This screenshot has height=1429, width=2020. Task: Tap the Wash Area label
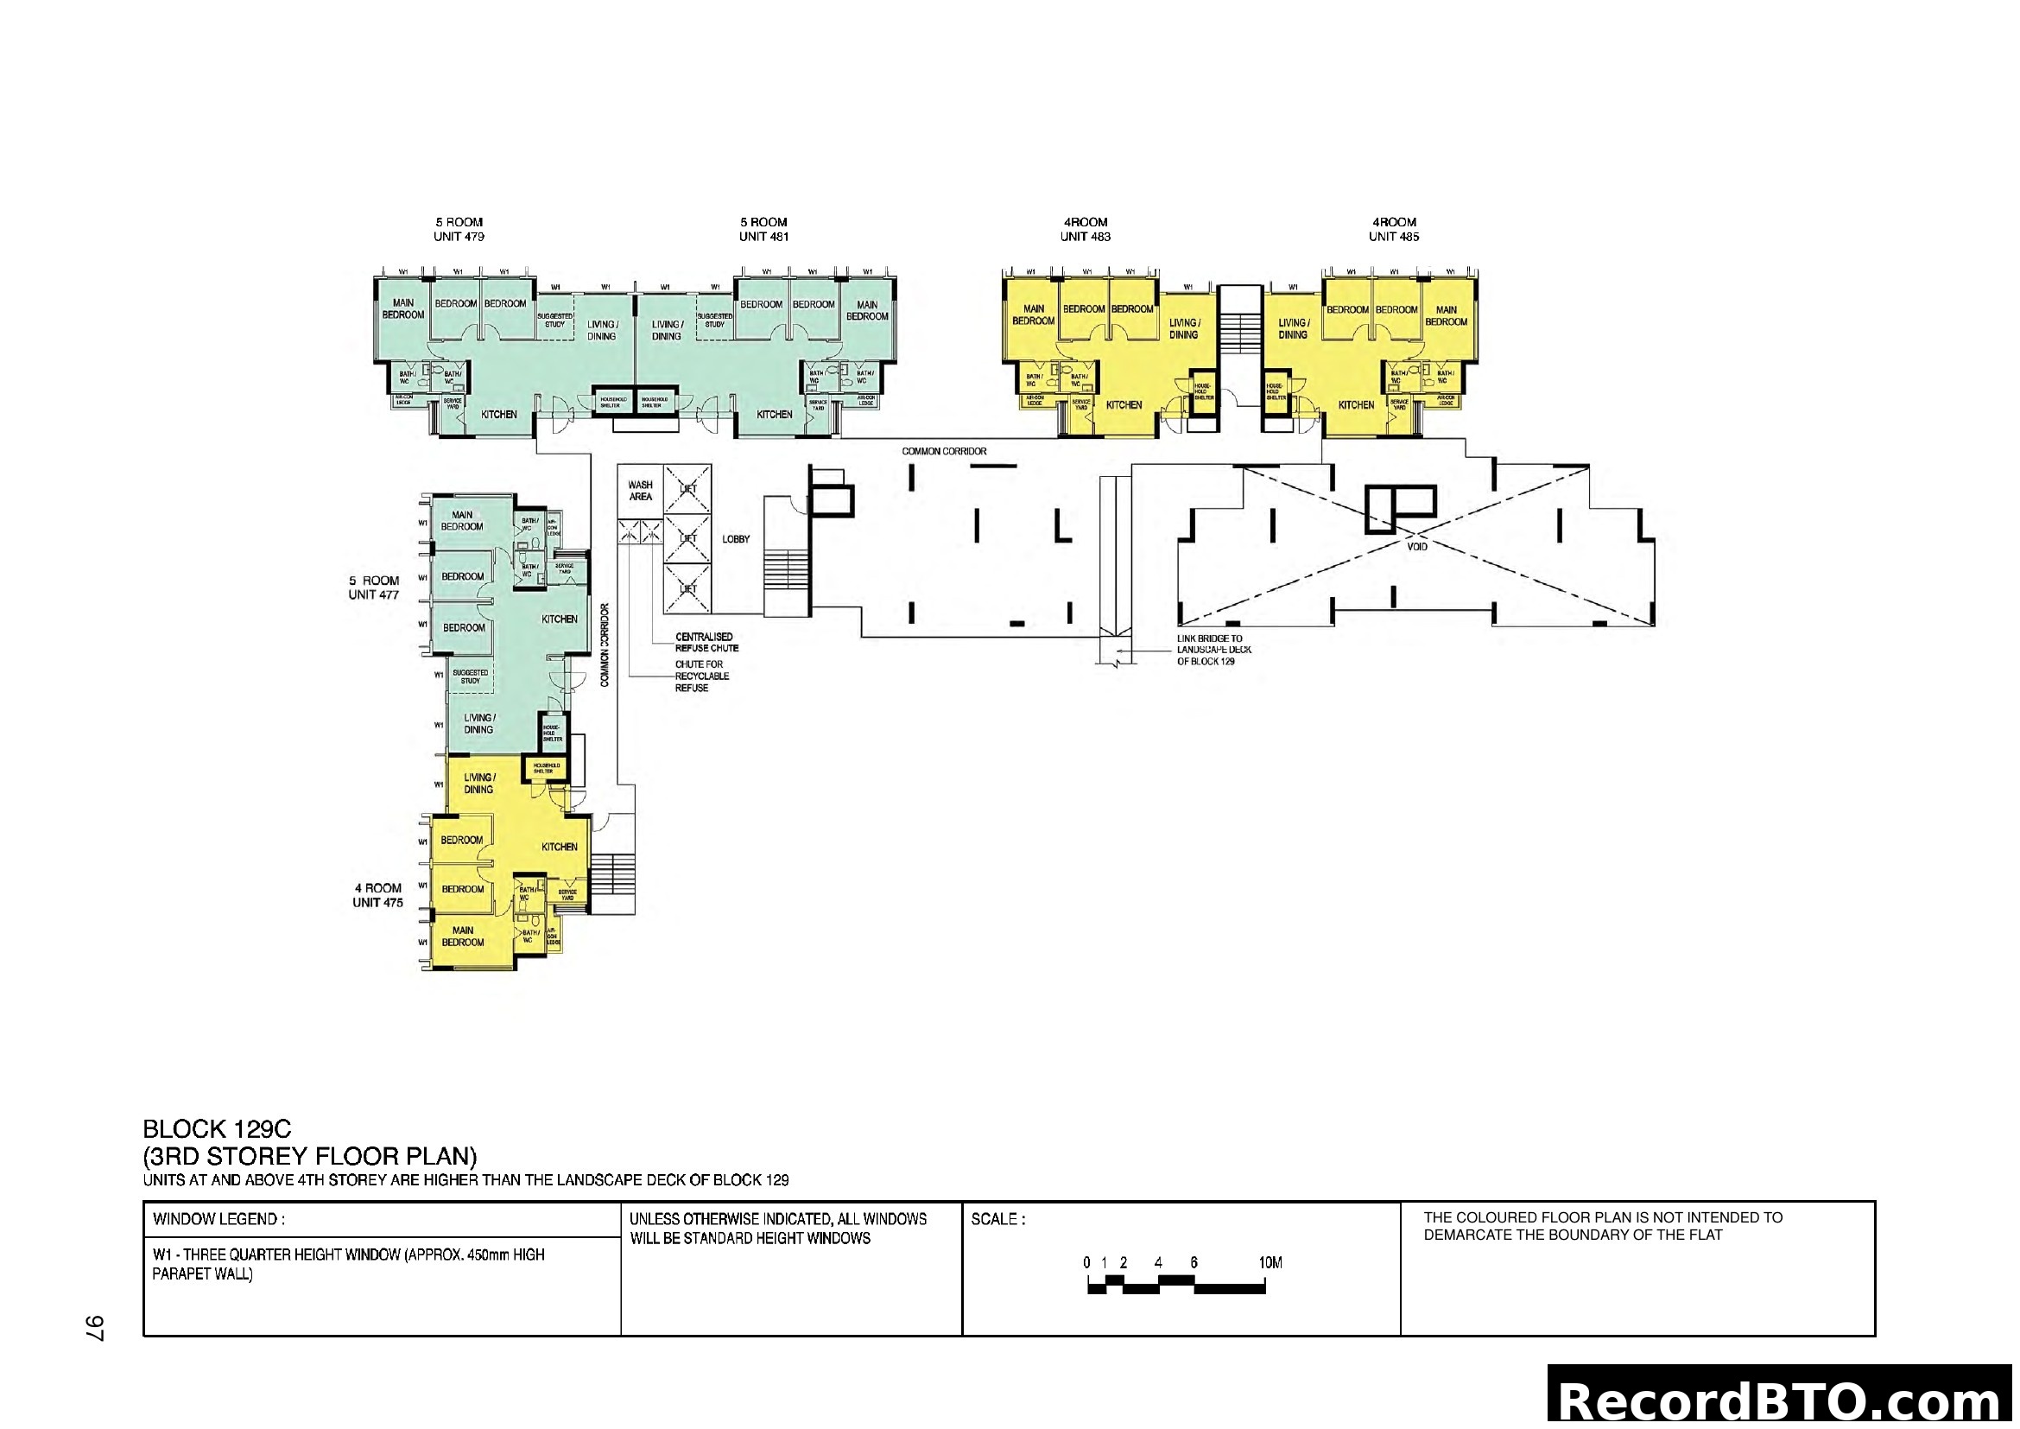(640, 491)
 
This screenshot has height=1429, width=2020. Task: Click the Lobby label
(736, 539)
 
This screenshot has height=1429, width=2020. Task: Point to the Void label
(1416, 546)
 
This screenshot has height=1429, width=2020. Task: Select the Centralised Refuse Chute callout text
(706, 642)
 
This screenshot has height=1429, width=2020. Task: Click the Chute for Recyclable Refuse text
(701, 676)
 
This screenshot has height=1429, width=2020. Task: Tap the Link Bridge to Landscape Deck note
(1213, 650)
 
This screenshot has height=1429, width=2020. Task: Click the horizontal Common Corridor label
(943, 451)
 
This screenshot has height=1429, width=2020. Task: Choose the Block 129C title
(217, 1129)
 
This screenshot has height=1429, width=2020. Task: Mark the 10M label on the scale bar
(1270, 1263)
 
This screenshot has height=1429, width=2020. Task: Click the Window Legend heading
(218, 1220)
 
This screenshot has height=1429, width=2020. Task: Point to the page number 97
(94, 1328)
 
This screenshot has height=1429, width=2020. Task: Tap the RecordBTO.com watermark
(1782, 1401)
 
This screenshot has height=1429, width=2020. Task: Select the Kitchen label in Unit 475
(559, 847)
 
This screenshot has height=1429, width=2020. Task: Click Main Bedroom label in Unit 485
(1446, 316)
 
